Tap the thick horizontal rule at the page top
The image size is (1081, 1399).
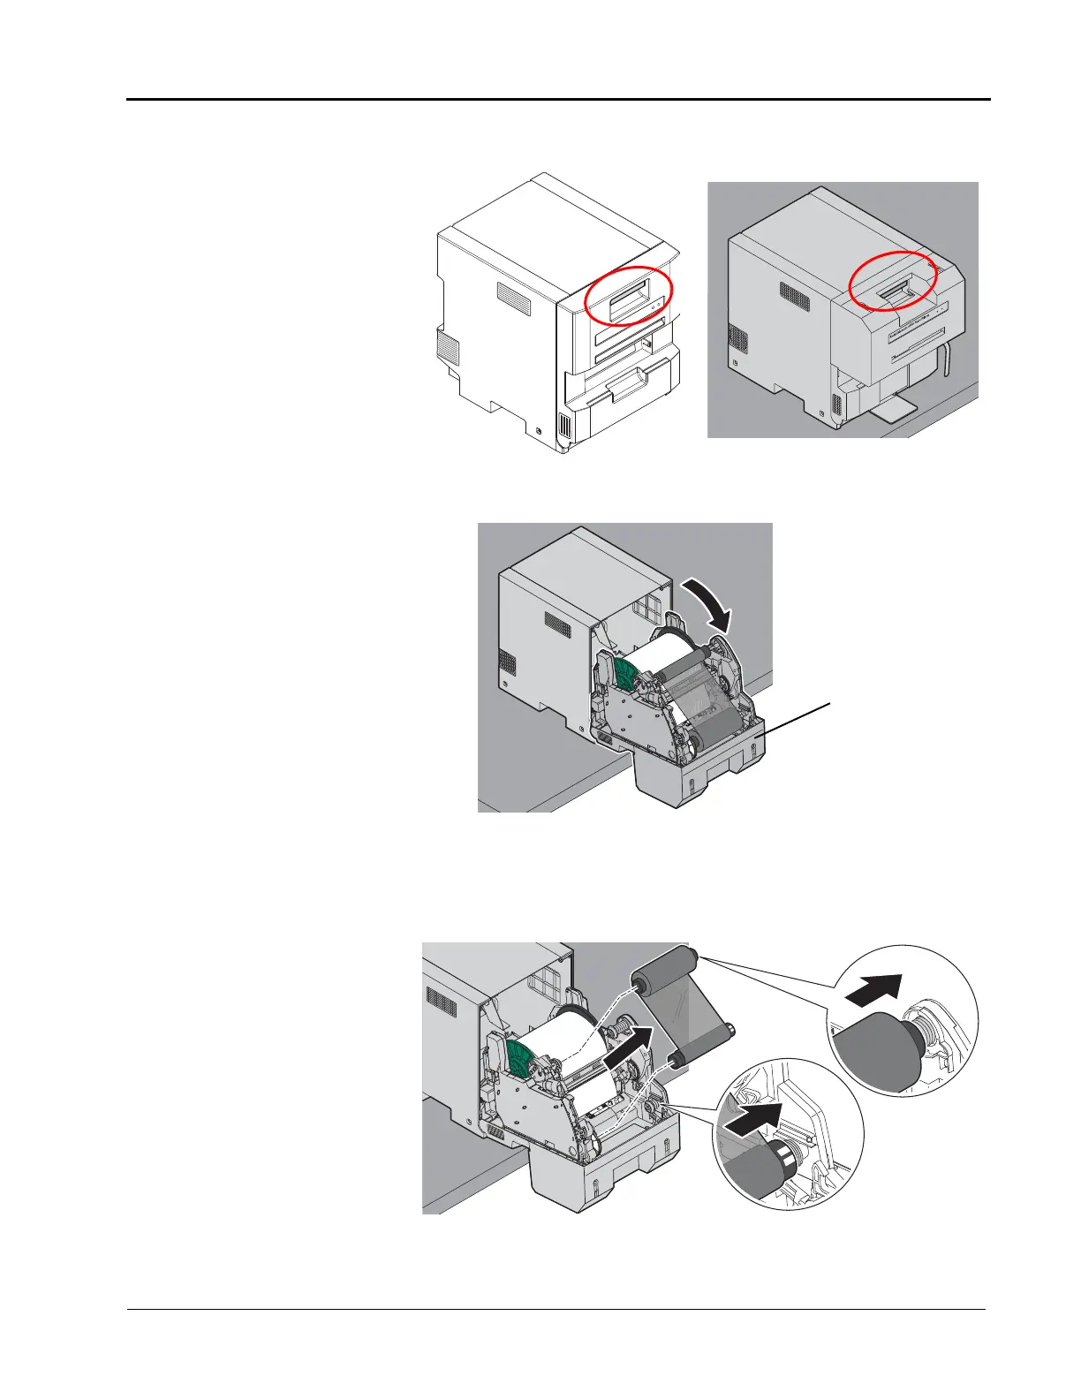click(558, 100)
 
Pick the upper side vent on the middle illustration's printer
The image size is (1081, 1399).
click(558, 623)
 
